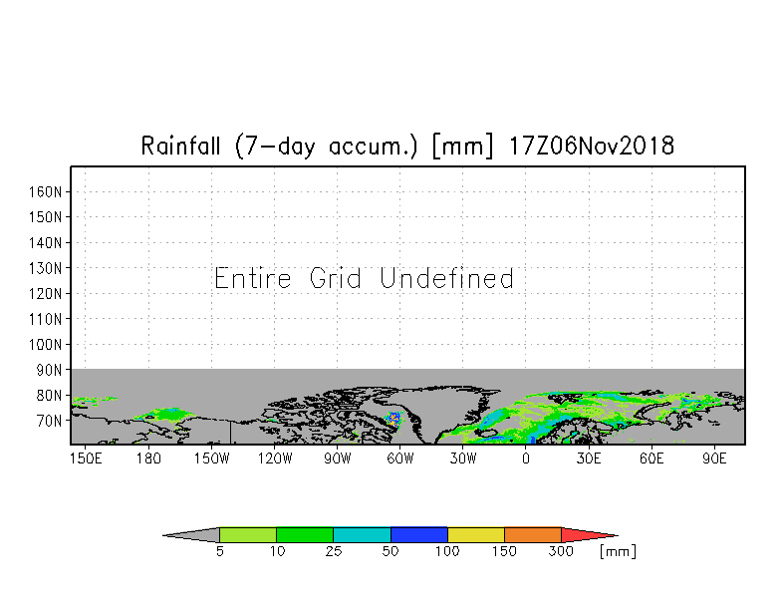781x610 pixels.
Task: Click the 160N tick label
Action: [x=45, y=191]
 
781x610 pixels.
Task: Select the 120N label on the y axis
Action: [x=45, y=293]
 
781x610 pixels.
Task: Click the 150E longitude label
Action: [x=86, y=458]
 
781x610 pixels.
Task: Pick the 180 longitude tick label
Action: [x=148, y=458]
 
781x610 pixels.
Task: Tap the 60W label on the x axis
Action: [x=400, y=458]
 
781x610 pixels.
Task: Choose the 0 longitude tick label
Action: [x=526, y=458]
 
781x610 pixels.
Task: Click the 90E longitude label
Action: [x=714, y=458]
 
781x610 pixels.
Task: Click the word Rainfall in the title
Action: [x=180, y=146]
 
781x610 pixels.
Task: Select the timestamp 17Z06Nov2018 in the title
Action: [x=592, y=146]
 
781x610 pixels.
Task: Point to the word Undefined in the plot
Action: [x=446, y=278]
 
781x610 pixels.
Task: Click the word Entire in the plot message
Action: [x=253, y=278]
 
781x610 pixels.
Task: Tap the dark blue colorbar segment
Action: [x=418, y=534]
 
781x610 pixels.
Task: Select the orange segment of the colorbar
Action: [x=532, y=534]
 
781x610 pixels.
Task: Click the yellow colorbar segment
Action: [x=476, y=534]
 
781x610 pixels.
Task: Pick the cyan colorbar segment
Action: [x=362, y=534]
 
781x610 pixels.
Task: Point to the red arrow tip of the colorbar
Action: [x=618, y=536]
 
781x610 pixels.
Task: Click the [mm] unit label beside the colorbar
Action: [x=618, y=551]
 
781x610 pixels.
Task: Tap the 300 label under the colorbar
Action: [x=561, y=551]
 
